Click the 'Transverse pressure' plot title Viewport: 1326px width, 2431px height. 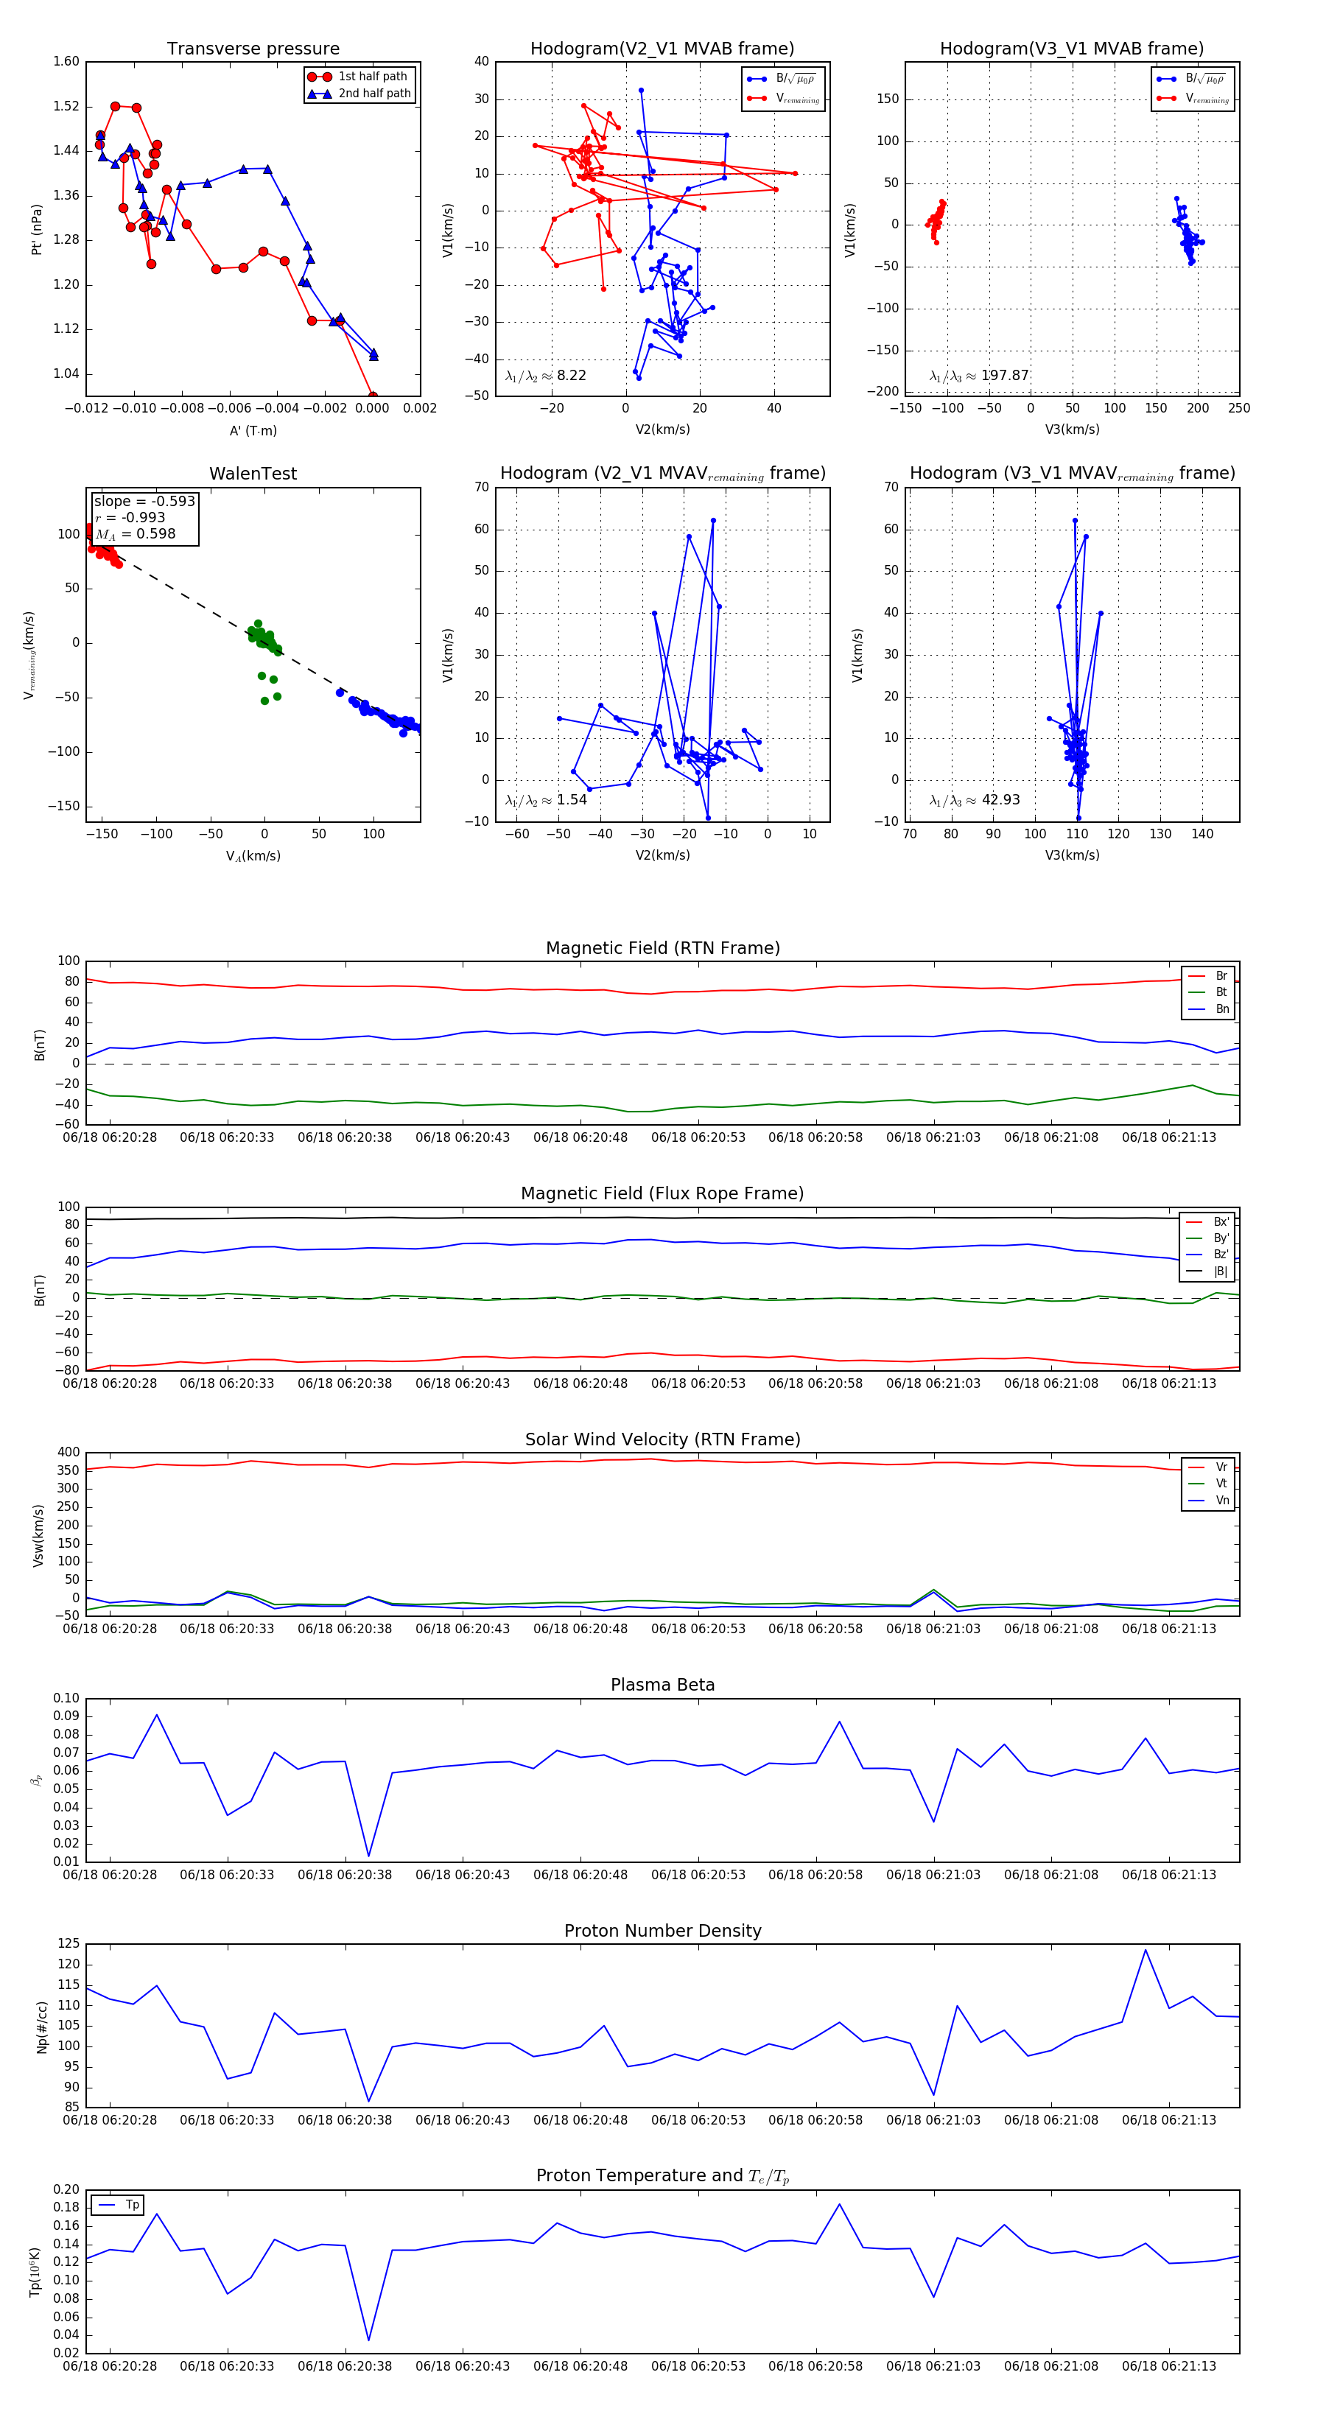pos(253,49)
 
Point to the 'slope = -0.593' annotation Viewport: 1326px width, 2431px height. pos(144,501)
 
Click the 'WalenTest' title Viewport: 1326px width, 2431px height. pos(253,474)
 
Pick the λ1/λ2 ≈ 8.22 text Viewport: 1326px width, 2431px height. pos(545,376)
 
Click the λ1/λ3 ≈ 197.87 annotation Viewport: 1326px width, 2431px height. pos(979,376)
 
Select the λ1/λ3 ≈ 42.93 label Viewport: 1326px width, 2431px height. pos(974,800)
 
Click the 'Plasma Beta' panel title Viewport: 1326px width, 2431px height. pos(662,1685)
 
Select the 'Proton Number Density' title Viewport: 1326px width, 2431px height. pos(662,1931)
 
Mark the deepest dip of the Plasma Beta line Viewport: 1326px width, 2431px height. pos(368,1856)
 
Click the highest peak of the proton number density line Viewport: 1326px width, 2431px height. pos(1146,1951)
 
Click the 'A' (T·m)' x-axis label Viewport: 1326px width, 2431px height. pos(253,431)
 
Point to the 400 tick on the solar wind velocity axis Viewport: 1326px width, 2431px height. pos(68,1453)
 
